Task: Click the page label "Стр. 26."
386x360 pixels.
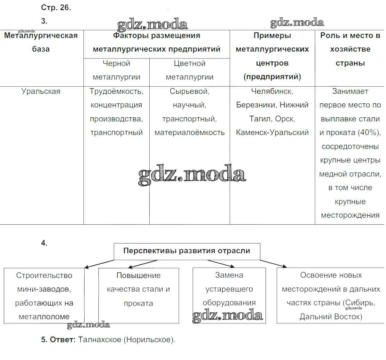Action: tap(56, 7)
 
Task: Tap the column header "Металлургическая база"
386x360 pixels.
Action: tap(41, 42)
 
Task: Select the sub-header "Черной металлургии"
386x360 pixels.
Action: tap(117, 70)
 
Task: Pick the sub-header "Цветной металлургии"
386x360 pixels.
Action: tap(190, 70)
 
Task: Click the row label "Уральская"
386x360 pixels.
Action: tap(41, 91)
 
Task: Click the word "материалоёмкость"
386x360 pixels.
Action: tap(190, 133)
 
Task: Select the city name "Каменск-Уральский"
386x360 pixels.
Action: tap(272, 133)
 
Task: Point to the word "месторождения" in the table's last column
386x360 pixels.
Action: tap(350, 215)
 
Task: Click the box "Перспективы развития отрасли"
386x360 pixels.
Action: tap(187, 251)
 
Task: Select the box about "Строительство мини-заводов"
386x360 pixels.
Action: tap(44, 296)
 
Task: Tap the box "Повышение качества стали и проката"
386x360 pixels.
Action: tap(139, 296)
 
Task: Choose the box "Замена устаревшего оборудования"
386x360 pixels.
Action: tap(229, 296)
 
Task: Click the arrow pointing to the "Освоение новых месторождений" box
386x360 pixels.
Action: tap(274, 264)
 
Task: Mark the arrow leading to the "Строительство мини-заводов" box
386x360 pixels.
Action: tap(99, 264)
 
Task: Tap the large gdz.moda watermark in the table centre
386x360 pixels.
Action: tap(192, 174)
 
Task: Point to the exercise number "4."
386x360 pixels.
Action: tap(44, 243)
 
